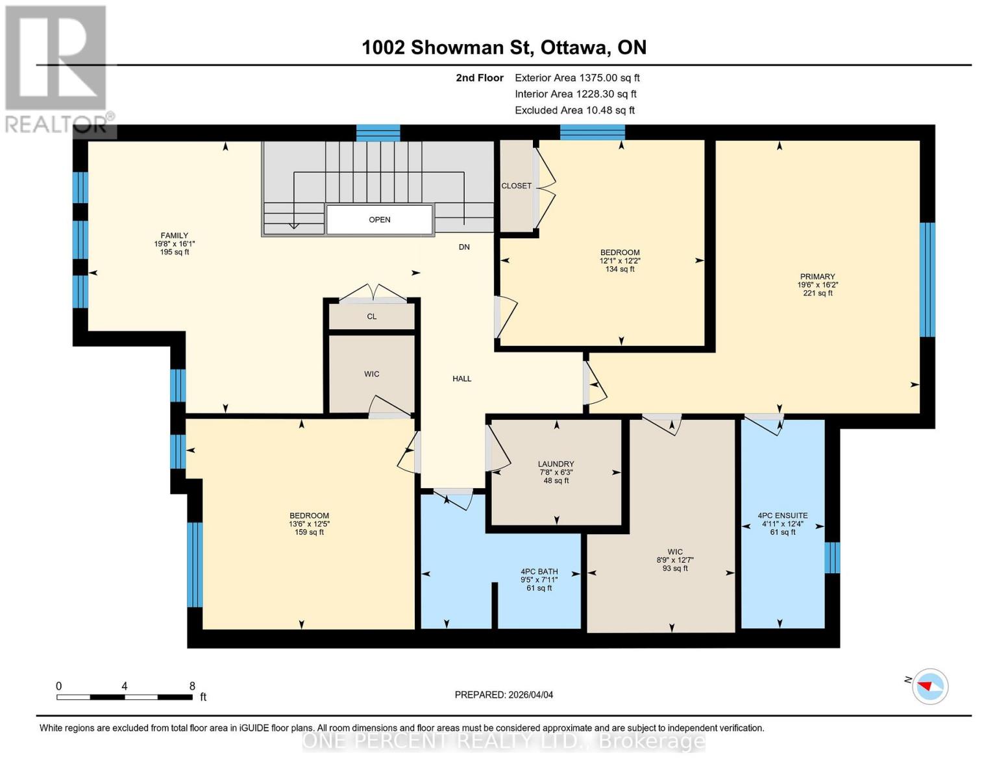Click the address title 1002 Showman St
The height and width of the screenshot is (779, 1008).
(504, 47)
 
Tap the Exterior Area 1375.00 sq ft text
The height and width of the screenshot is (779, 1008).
(577, 78)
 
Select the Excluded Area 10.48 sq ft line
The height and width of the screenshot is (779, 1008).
(574, 110)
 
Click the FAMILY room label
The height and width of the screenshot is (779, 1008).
(175, 236)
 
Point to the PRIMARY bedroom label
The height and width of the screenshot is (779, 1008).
(817, 277)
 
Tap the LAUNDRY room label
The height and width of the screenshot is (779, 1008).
(556, 464)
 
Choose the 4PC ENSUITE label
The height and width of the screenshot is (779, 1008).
(783, 515)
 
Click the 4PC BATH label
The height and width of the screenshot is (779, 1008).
(539, 572)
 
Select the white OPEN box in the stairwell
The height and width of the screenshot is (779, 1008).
(380, 219)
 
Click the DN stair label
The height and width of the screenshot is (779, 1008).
(464, 247)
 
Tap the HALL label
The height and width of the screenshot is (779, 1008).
(462, 378)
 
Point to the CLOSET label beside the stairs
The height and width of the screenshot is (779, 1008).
(516, 186)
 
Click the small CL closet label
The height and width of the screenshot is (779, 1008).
(372, 317)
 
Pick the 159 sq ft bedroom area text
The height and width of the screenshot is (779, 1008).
(309, 532)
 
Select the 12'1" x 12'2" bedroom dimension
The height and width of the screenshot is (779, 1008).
(620, 261)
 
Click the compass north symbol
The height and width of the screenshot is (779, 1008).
(929, 686)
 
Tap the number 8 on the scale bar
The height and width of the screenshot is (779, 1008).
(192, 686)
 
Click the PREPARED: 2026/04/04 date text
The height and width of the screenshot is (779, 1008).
(504, 695)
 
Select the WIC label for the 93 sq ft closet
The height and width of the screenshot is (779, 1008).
(675, 552)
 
